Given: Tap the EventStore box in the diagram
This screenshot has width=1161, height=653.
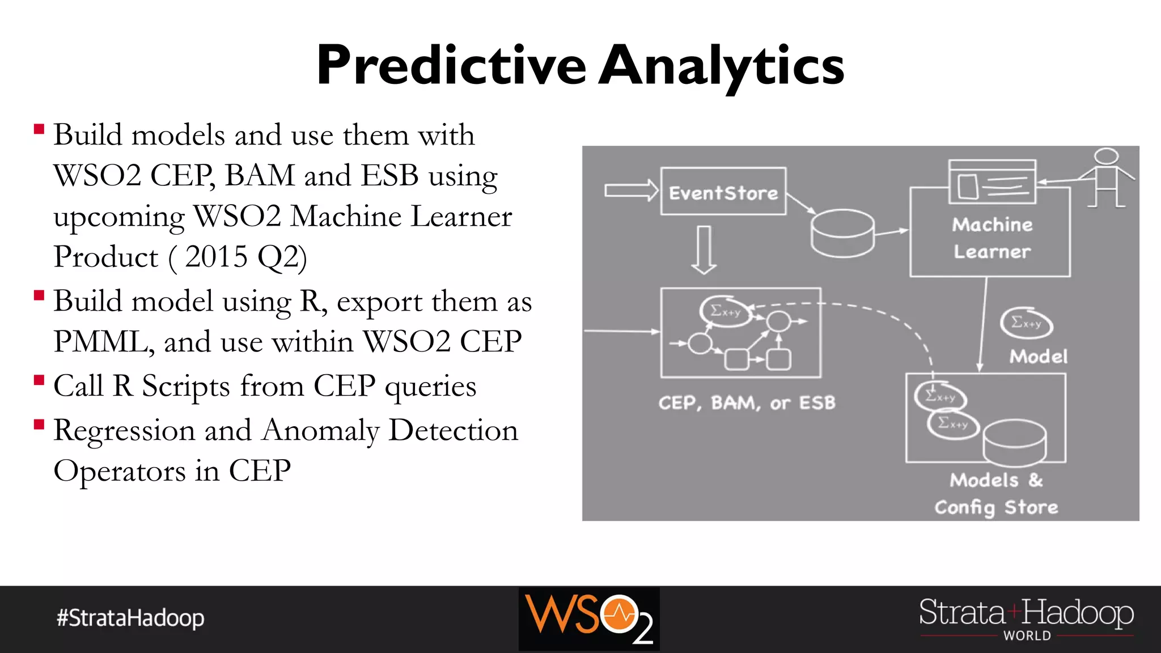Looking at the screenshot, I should point(723,192).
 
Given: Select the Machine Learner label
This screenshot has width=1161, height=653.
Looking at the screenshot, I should point(992,238).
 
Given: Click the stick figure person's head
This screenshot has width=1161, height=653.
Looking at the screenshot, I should point(1106,156).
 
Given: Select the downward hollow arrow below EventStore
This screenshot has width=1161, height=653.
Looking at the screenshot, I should point(704,249).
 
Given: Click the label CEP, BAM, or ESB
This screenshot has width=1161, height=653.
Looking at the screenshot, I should point(747,402).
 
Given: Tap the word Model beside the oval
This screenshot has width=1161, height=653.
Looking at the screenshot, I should point(1039,357).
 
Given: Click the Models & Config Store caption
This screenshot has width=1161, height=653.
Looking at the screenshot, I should point(997,494).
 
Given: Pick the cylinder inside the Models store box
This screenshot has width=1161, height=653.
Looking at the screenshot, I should point(1014,442).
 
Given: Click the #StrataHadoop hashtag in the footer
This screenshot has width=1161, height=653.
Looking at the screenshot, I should point(130,618).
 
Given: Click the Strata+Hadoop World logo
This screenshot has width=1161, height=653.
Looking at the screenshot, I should point(1026,618).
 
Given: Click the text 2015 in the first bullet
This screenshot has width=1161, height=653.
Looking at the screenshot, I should point(216,257).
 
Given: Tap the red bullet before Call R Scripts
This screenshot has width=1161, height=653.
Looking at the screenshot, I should point(39,380).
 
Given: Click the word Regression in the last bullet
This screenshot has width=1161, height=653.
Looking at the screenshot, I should point(124,430).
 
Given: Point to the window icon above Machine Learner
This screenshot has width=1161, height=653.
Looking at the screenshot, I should point(992,182).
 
